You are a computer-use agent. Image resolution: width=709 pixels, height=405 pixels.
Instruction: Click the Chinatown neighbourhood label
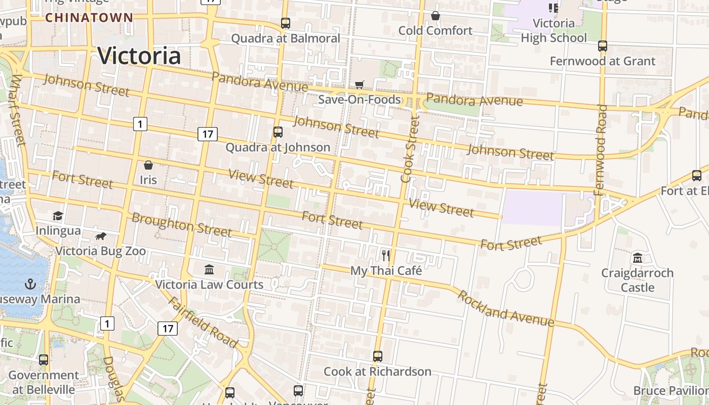tap(89, 18)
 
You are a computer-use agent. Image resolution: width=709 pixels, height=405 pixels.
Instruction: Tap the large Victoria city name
tap(139, 56)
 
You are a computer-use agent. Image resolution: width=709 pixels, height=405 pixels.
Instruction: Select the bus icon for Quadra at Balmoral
tap(286, 23)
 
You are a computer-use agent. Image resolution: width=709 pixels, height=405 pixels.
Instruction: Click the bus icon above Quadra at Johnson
tap(278, 132)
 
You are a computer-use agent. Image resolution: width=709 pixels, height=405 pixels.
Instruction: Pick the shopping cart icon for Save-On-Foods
tap(360, 85)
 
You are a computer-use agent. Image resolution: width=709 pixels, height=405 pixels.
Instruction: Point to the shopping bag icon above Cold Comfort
tap(435, 16)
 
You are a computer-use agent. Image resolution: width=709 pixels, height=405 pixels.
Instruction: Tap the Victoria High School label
tap(554, 30)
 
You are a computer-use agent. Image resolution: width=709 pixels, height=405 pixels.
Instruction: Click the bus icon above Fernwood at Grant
tap(603, 46)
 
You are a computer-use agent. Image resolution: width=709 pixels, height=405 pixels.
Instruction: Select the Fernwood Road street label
tap(601, 149)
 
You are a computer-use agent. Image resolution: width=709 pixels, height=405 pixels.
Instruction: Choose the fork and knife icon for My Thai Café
tap(386, 255)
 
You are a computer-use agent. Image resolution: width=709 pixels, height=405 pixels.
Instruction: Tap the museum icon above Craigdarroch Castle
tap(637, 258)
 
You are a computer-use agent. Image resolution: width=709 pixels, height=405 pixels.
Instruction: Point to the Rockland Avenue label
tap(505, 308)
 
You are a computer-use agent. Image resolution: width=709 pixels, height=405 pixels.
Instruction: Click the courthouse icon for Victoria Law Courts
tap(209, 269)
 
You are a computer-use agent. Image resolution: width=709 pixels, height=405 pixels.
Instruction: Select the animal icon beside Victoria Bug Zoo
tap(101, 236)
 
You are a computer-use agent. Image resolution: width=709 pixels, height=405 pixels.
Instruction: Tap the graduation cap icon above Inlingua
tap(58, 216)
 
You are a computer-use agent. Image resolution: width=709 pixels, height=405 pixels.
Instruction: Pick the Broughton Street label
tap(181, 225)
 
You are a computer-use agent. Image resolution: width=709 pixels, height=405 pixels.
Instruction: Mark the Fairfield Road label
tap(203, 322)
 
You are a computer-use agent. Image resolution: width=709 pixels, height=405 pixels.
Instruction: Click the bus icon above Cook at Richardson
tap(378, 356)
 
